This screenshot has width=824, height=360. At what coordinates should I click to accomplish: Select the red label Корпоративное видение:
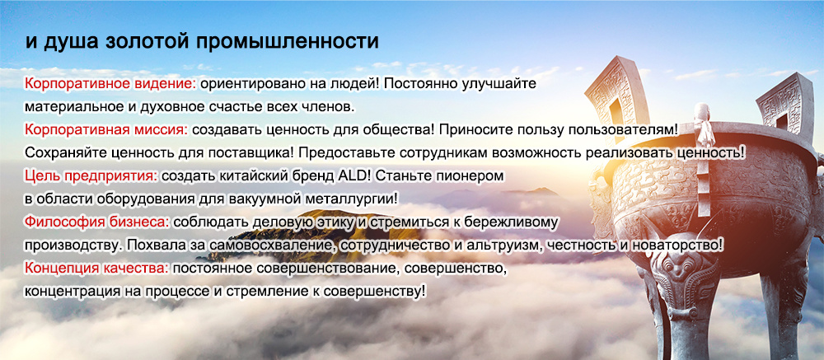point(110,84)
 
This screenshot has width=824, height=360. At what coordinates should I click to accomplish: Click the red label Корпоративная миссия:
point(105,129)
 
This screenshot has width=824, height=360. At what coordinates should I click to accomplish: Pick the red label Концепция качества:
point(96,268)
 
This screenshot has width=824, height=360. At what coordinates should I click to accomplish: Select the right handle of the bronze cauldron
point(780,102)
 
